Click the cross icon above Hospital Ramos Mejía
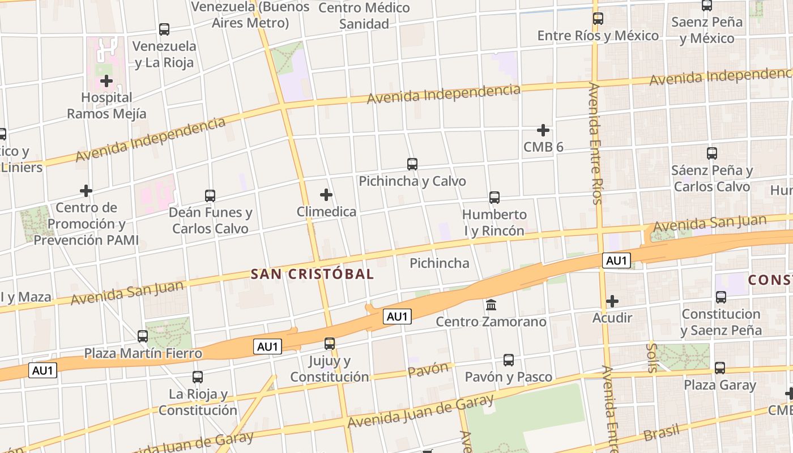(106, 81)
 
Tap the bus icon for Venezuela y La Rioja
(164, 29)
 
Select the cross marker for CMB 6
(543, 130)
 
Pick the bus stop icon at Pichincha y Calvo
(412, 164)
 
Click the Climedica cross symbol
(326, 195)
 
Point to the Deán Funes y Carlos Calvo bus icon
(210, 196)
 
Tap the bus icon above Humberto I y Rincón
(494, 198)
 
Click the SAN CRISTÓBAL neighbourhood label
(312, 275)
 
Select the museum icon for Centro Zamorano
(491, 305)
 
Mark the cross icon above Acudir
(612, 301)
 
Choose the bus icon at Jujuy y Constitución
(330, 343)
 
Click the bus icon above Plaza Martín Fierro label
(143, 336)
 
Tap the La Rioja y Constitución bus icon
(198, 377)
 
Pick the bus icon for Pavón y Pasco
(509, 360)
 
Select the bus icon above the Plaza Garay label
(720, 368)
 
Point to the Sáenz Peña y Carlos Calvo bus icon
(712, 153)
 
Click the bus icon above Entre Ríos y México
(598, 19)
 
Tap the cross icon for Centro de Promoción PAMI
(86, 190)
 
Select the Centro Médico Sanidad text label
(364, 16)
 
